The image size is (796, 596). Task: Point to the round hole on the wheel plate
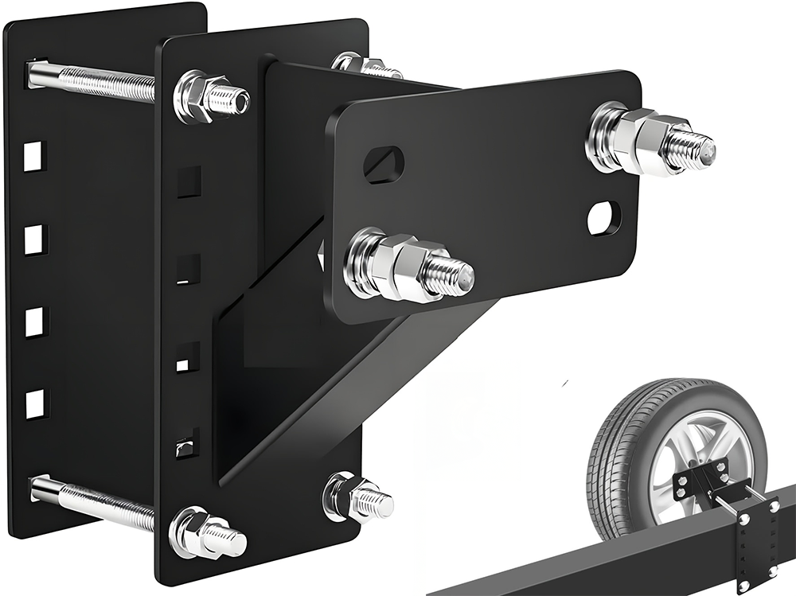[x=604, y=218]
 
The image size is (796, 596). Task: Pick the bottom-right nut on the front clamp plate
[x=347, y=495]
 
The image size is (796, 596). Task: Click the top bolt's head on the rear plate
[x=34, y=74]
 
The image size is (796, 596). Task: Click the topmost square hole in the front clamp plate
[x=189, y=182]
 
